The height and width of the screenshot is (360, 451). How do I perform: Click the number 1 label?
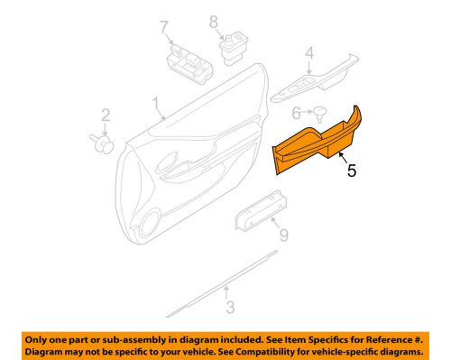pyautogui.click(x=155, y=103)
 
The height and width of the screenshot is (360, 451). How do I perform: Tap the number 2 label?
pyautogui.click(x=105, y=115)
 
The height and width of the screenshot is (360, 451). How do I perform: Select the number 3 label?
pyautogui.click(x=229, y=308)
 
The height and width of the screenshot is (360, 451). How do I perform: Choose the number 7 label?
pyautogui.click(x=166, y=27)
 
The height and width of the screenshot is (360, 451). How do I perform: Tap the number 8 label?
pyautogui.click(x=215, y=20)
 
